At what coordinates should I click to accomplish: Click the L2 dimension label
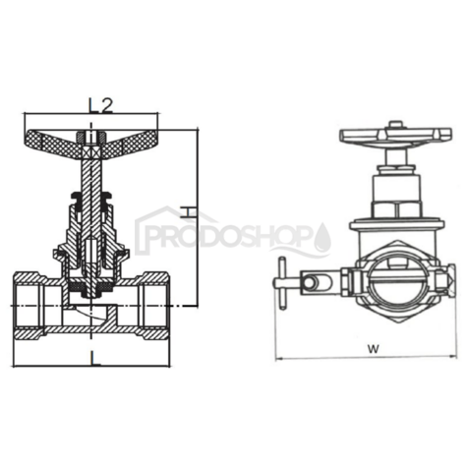point(100,103)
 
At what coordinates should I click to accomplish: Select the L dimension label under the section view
point(94,359)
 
